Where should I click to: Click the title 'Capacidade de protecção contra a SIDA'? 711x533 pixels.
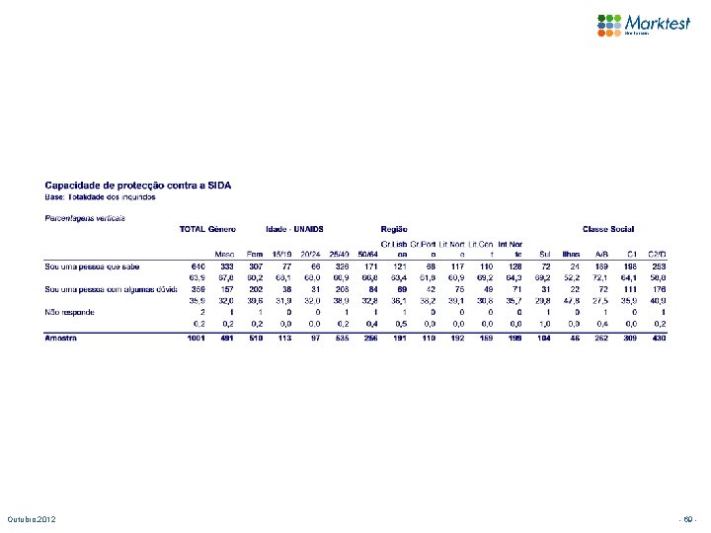click(139, 186)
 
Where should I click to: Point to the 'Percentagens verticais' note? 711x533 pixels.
click(85, 216)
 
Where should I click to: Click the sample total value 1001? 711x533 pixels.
click(195, 338)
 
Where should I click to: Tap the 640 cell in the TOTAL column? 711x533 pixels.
click(197, 266)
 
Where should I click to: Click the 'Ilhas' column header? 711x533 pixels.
click(571, 254)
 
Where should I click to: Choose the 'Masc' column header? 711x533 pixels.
click(226, 254)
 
